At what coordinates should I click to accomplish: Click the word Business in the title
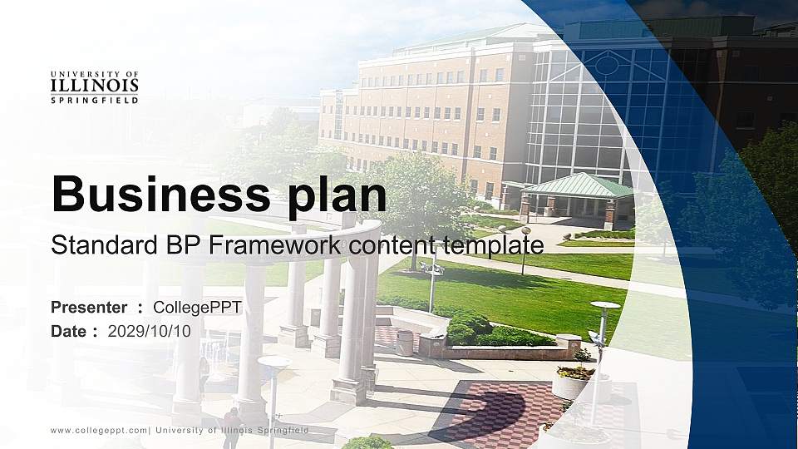[160, 194]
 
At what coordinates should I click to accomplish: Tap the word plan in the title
[337, 196]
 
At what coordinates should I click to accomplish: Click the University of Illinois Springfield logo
[95, 87]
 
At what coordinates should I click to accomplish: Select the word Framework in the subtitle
[275, 244]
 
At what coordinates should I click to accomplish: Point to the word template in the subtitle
[493, 246]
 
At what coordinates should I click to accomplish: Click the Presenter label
[89, 308]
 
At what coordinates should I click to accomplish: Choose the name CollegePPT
[198, 308]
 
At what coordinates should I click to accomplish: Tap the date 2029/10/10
[149, 332]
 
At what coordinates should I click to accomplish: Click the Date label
[69, 332]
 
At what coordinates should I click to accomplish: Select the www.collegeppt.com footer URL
[99, 431]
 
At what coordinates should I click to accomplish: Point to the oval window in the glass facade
[607, 64]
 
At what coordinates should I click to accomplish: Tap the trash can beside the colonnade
[405, 343]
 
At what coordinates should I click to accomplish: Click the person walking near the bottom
[232, 427]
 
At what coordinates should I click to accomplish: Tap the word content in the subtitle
[392, 246]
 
